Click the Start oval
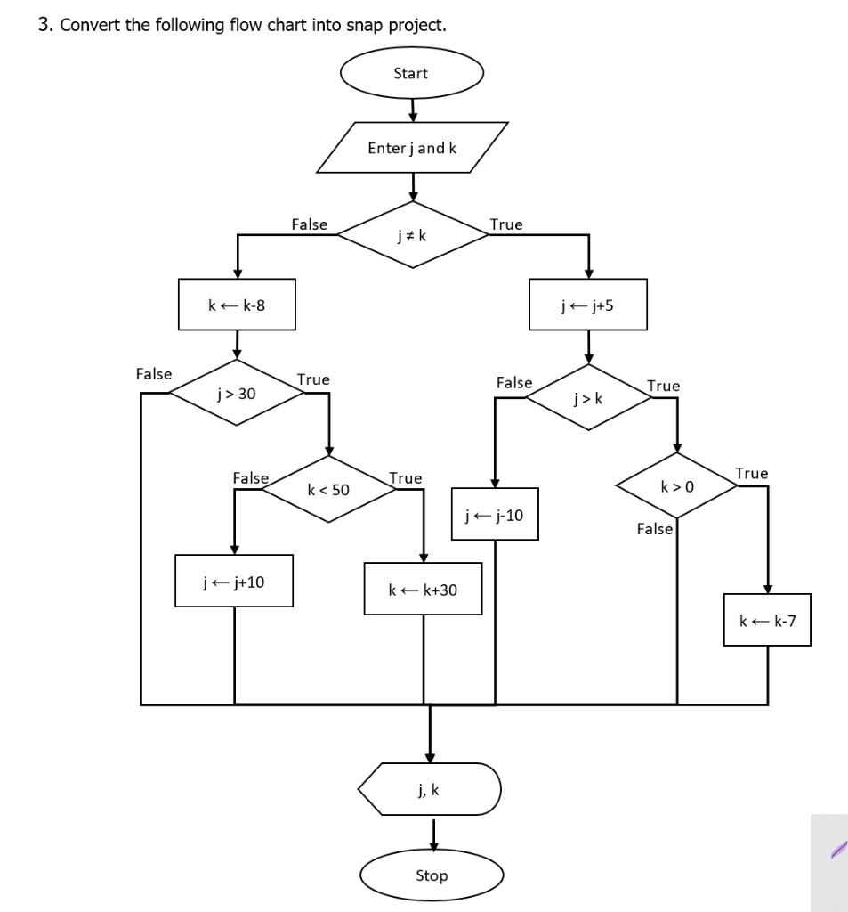411,74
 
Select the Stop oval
432,875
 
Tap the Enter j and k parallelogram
412,148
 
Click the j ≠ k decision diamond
411,235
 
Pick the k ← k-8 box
237,305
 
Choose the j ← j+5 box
587,305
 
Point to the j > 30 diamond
237,393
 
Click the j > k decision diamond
588,397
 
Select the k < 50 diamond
329,490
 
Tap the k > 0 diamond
678,486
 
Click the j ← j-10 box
495,514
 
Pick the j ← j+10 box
234,582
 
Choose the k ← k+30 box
423,589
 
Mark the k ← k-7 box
767,620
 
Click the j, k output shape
430,789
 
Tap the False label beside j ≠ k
309,224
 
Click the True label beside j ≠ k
506,224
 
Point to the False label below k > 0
655,529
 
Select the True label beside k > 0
751,473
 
